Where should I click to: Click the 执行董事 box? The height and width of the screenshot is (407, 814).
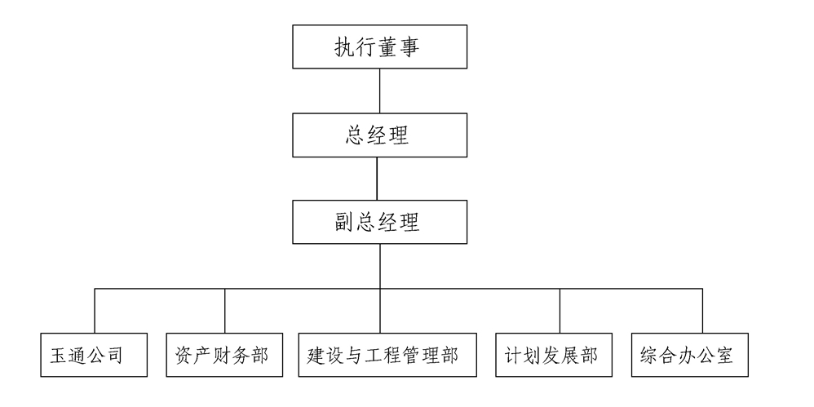(380, 46)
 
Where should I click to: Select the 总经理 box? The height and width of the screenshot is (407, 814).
(380, 135)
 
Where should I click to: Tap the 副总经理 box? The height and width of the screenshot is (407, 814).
(380, 222)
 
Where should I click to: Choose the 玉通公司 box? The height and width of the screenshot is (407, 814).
(95, 355)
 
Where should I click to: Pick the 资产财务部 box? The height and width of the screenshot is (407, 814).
(225, 355)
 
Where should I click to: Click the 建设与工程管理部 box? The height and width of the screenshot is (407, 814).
(387, 355)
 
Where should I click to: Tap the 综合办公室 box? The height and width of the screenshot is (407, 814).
(689, 355)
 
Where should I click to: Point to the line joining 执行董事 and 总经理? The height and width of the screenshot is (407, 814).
(380, 91)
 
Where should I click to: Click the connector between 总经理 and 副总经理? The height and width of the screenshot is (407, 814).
(377, 178)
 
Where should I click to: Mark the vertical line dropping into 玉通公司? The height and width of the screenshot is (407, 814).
(95, 310)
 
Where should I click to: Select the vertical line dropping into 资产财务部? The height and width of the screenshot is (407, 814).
(225, 310)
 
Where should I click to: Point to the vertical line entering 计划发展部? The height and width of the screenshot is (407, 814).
(560, 310)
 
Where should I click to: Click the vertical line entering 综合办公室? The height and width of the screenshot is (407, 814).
(702, 310)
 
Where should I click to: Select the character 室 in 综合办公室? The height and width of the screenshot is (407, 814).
(724, 356)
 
